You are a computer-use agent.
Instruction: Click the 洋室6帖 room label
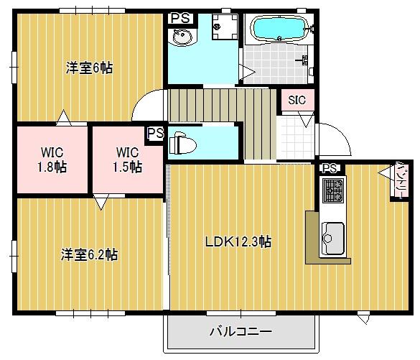(x=90, y=68)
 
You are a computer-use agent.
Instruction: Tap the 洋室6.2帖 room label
(x=90, y=254)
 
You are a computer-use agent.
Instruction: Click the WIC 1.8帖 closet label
(x=52, y=159)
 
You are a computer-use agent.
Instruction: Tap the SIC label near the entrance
(x=297, y=100)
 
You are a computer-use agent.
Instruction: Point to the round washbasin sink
(x=177, y=37)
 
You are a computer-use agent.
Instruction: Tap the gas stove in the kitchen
(x=332, y=190)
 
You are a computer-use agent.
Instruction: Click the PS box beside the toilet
(x=154, y=133)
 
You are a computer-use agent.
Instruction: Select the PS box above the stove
(x=330, y=168)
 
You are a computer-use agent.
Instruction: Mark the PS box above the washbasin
(x=180, y=18)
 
